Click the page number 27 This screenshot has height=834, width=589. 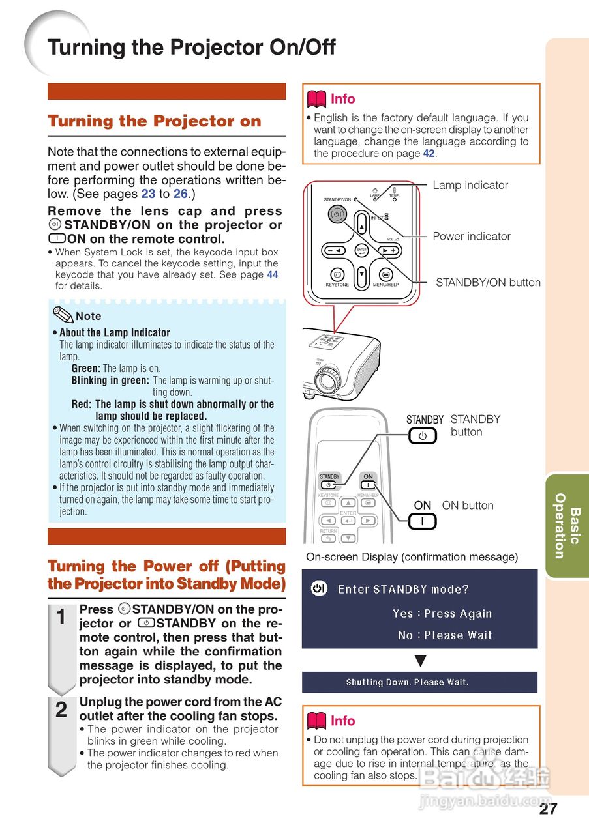point(548,809)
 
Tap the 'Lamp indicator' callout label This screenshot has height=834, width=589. point(470,185)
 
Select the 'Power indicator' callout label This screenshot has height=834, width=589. point(472,237)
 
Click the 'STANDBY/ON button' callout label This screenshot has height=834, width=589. point(488,283)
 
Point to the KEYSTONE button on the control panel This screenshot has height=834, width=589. point(337,274)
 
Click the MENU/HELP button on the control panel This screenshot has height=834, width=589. point(385,274)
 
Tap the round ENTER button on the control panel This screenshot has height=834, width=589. point(361,250)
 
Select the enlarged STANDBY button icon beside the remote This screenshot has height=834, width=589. point(423,436)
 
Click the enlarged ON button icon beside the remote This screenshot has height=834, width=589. point(423,521)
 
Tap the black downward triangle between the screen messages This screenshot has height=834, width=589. point(421,661)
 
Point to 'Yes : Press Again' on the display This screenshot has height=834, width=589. point(442,614)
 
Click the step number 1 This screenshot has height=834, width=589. point(61,618)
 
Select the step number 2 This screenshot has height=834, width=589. point(61,710)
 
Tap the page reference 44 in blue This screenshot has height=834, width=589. point(272,275)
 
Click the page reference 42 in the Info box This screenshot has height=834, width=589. point(429,154)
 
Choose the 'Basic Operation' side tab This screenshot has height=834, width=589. point(567,526)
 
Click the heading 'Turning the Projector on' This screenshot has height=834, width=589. point(154,121)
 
